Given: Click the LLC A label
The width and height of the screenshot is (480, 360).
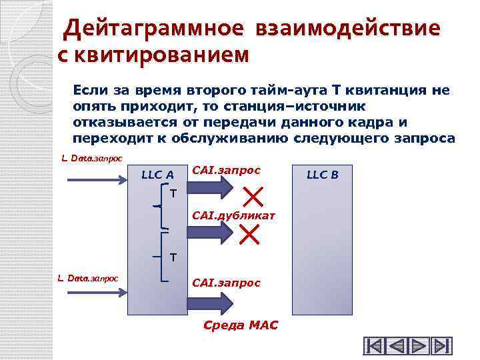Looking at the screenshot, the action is (x=158, y=175).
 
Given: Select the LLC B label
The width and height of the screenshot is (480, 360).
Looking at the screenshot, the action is (x=323, y=175).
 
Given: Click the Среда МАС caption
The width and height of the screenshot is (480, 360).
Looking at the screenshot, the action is (x=240, y=326).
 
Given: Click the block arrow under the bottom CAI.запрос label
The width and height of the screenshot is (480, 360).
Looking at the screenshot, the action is (x=211, y=303).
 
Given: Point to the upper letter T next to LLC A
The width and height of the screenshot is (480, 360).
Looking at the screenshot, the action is (x=173, y=194).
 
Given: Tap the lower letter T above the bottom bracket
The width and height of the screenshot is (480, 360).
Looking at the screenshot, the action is (x=173, y=256).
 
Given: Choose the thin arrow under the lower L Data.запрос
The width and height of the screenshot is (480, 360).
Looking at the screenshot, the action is (x=93, y=291).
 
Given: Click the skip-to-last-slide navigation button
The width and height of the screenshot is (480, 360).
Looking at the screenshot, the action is (x=442, y=347).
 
